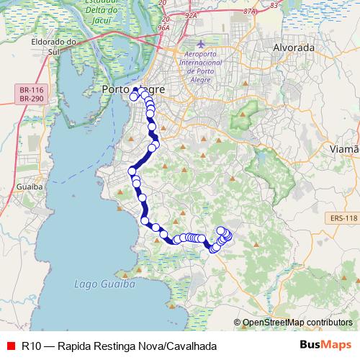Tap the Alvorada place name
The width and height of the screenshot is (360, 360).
[x=294, y=48]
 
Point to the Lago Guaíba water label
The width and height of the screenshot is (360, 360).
[x=105, y=284]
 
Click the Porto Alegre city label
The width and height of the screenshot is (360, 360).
[x=134, y=89]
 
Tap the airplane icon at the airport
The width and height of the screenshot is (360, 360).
[x=200, y=45]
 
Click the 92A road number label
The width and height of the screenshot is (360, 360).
[x=190, y=13]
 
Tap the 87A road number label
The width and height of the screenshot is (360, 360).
[x=250, y=12]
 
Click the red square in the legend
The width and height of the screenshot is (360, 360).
[x=9, y=346]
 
